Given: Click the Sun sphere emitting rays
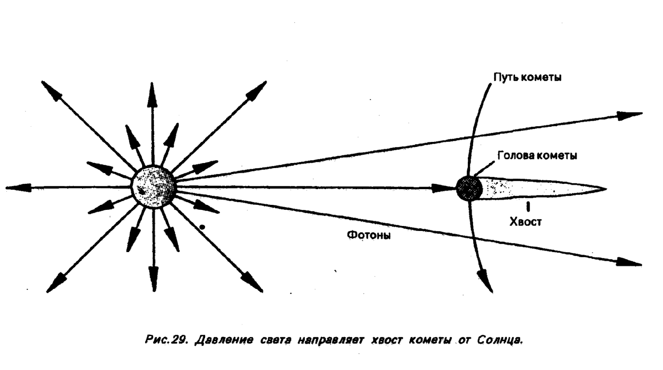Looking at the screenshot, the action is tap(154, 187).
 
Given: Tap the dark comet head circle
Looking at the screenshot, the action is tap(469, 188).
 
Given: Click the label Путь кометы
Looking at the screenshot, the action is tap(527, 77).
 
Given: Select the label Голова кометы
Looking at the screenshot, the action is tap(537, 156).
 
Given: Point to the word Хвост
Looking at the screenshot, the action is tap(525, 222).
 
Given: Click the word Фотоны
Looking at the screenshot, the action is tap(368, 235).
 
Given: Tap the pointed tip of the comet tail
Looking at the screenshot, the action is tap(604, 189).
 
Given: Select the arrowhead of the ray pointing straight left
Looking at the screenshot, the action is tap(15, 187).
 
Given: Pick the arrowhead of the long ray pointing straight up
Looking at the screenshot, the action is tap(153, 91).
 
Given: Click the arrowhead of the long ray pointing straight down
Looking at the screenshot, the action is tap(154, 281).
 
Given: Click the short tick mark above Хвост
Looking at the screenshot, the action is tap(527, 207).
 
